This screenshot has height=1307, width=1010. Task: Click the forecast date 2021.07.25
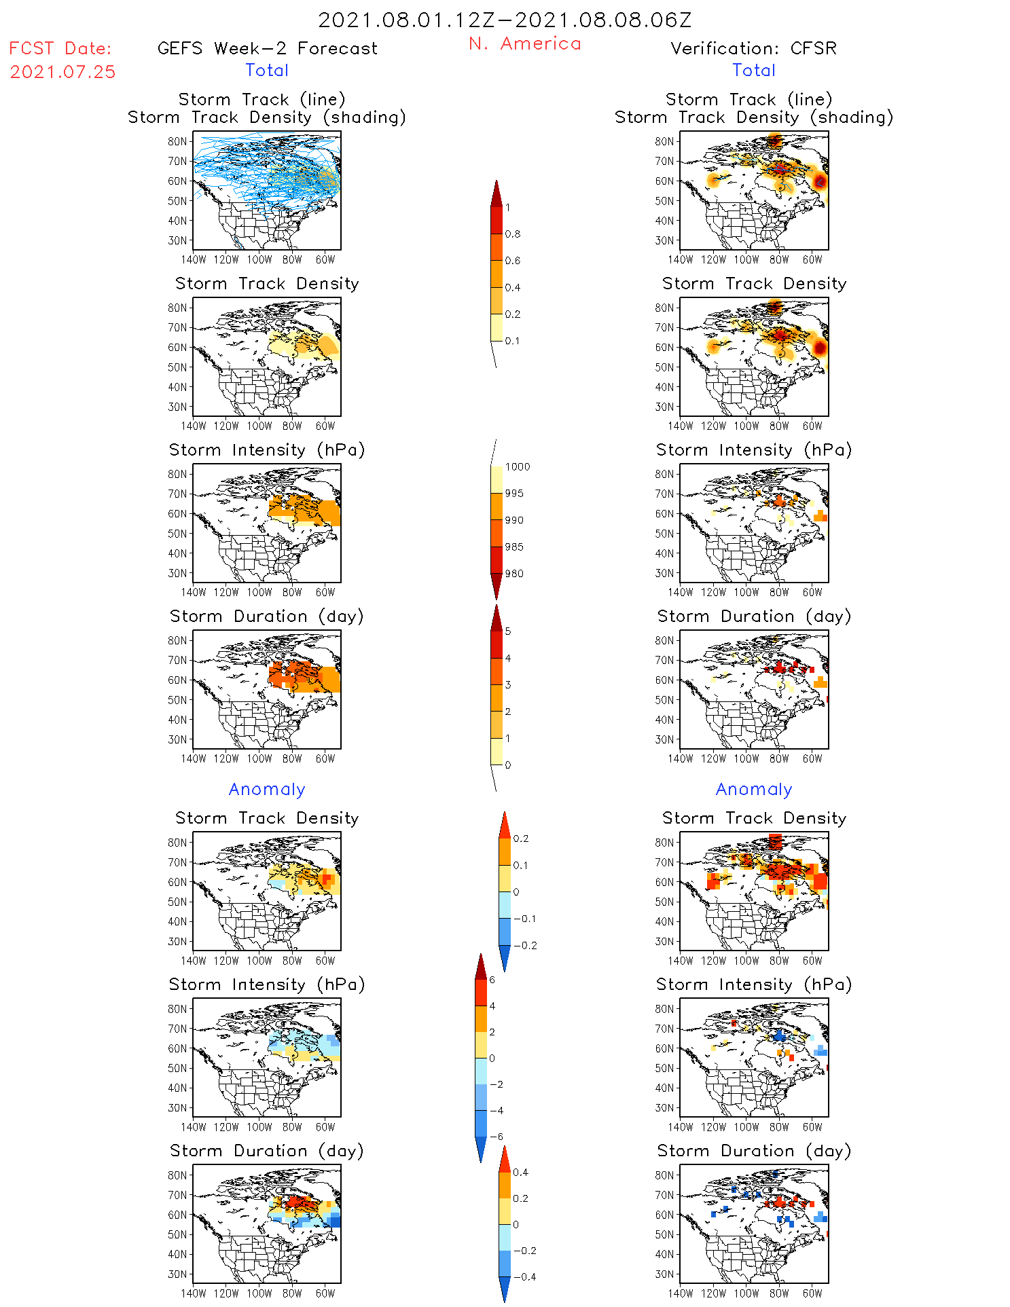click(x=62, y=72)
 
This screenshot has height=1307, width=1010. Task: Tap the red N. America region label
click(x=524, y=44)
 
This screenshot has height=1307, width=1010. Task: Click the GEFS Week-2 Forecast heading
click(x=267, y=49)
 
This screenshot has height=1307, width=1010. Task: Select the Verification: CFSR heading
click(x=753, y=49)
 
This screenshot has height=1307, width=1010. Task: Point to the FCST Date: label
click(x=60, y=49)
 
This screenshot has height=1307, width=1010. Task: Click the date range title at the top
click(x=505, y=20)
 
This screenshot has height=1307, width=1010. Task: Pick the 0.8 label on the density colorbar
click(x=513, y=234)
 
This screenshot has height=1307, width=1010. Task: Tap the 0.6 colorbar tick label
click(x=513, y=261)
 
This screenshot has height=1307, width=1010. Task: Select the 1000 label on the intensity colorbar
click(x=518, y=467)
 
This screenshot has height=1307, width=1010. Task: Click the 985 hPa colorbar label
click(x=514, y=547)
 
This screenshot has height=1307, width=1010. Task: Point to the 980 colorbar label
click(x=514, y=574)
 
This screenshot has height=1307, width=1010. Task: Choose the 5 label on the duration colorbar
click(x=508, y=631)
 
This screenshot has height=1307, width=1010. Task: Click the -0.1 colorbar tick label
click(x=524, y=919)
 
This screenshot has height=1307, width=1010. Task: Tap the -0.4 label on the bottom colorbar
click(x=524, y=1276)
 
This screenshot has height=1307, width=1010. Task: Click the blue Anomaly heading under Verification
click(x=754, y=790)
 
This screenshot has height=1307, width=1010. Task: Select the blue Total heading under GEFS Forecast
click(x=267, y=71)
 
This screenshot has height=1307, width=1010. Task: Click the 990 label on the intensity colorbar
click(x=514, y=520)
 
